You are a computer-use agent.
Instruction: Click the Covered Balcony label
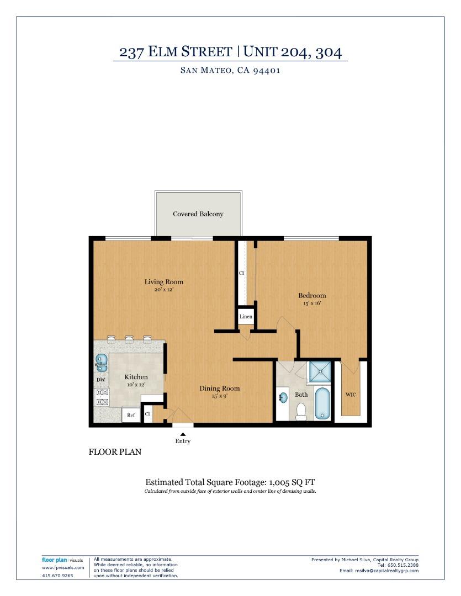pyautogui.click(x=198, y=214)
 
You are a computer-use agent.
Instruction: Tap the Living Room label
pyautogui.click(x=163, y=282)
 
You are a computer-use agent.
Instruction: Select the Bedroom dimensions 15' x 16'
pyautogui.click(x=312, y=303)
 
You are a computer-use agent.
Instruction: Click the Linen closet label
pyautogui.click(x=246, y=317)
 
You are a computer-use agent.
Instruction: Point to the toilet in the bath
pyautogui.click(x=301, y=412)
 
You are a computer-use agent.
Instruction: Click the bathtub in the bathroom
pyautogui.click(x=323, y=403)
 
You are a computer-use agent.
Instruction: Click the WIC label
pyautogui.click(x=351, y=395)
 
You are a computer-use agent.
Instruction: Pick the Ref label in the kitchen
pyautogui.click(x=131, y=416)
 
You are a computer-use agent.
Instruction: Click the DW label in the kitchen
pyautogui.click(x=101, y=380)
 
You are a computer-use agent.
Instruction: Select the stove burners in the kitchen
pyautogui.click(x=102, y=397)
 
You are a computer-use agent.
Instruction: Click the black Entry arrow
pyautogui.click(x=183, y=434)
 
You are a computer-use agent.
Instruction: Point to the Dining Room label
pyautogui.click(x=219, y=389)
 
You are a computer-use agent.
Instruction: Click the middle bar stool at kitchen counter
pyautogui.click(x=129, y=339)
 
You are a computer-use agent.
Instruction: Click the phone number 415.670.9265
pyautogui.click(x=57, y=576)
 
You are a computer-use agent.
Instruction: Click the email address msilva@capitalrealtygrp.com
pyautogui.click(x=387, y=571)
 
